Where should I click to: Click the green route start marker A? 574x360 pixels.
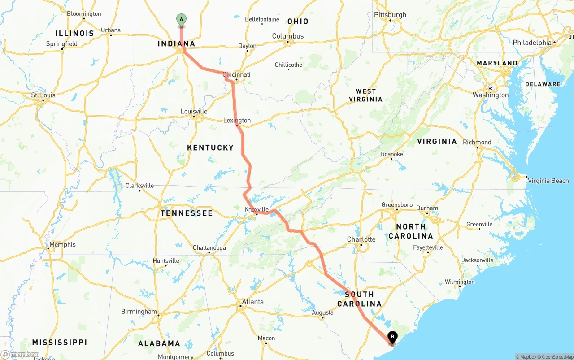pos(181,20)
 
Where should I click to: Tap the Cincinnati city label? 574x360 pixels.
pos(237,74)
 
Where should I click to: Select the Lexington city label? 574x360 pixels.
pos(237,120)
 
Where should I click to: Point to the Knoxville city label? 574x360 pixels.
pos(257,209)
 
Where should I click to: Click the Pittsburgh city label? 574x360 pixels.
pos(390,15)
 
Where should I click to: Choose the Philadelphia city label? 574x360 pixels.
pos(532,43)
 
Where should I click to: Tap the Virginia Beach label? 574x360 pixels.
pos(548,181)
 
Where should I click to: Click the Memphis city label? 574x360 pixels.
pos(62,244)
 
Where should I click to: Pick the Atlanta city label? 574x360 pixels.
pos(252,302)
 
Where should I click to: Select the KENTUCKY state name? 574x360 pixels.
pos(210,147)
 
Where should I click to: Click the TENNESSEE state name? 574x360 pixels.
pos(187,213)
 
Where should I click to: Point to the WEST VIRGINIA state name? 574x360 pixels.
pos(366,95)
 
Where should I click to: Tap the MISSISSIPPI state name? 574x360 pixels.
pos(59,342)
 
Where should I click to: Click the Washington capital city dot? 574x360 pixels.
pos(491,88)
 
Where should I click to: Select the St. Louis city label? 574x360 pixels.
pos(43,95)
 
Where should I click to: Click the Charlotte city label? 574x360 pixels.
pos(361,239)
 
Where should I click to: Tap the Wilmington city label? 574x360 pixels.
pos(459,282)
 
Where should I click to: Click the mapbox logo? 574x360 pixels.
pos(20,354)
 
